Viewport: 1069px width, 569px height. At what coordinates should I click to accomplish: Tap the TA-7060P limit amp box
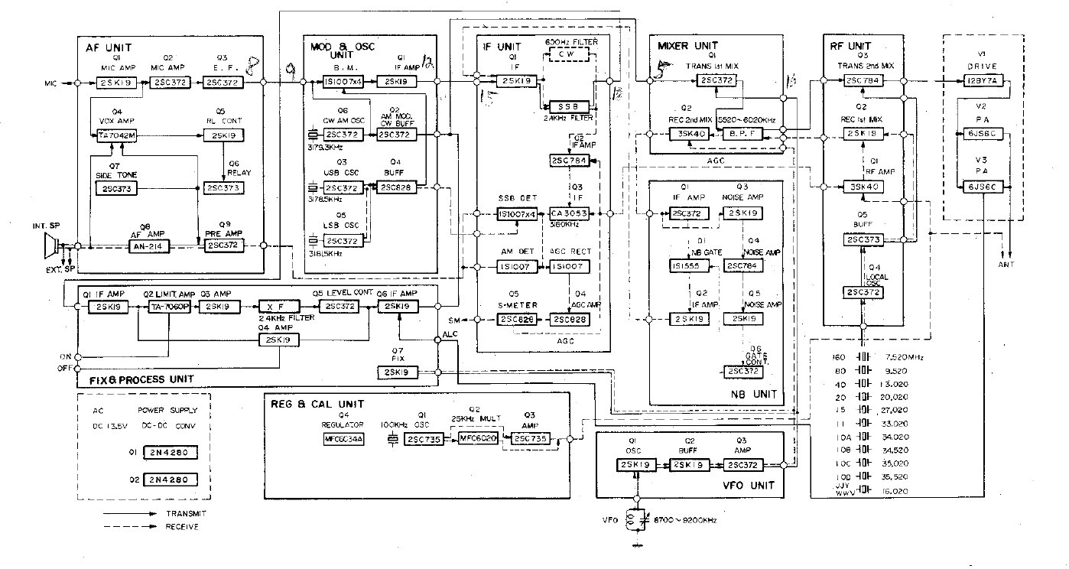coord(168,307)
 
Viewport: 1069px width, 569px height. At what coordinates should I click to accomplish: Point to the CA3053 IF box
coord(569,213)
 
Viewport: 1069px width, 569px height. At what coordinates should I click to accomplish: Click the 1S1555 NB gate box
coord(685,266)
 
